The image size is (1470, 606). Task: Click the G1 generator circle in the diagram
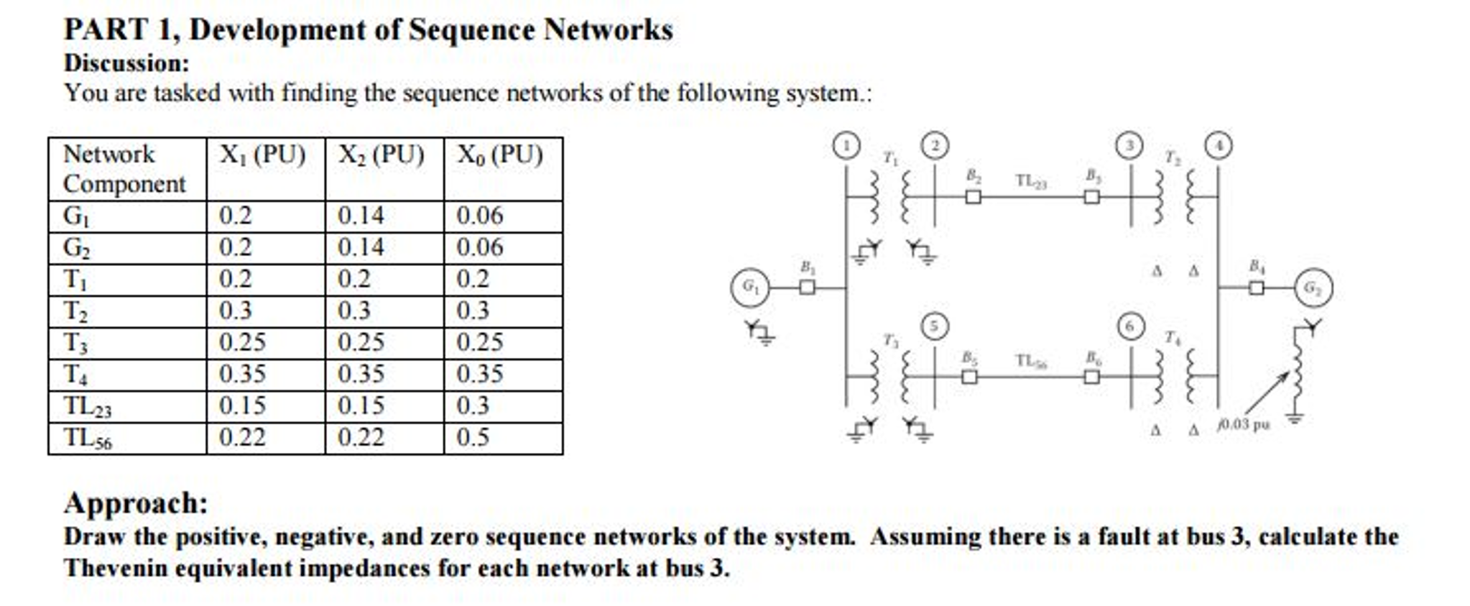(x=749, y=288)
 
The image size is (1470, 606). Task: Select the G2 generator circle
(x=1313, y=288)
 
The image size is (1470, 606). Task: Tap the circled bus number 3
(x=1129, y=146)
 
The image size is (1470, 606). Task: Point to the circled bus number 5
(x=934, y=326)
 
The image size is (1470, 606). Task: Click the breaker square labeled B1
(x=808, y=288)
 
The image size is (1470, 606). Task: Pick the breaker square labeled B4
(x=1256, y=288)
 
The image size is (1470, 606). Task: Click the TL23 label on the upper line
(x=1031, y=181)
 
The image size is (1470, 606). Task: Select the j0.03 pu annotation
(x=1243, y=424)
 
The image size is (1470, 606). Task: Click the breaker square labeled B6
(x=1091, y=376)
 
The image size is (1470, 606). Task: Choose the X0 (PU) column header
(x=500, y=155)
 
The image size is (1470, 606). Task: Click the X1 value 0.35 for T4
(x=242, y=374)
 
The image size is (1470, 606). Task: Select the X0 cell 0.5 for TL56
(x=473, y=437)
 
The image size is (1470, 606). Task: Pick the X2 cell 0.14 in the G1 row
(x=361, y=216)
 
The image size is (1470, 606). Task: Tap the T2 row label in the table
(x=75, y=311)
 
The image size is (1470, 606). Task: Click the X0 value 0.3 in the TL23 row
(x=473, y=405)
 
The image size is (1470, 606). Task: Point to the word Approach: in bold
(x=136, y=502)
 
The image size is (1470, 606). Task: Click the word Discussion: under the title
(x=126, y=63)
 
